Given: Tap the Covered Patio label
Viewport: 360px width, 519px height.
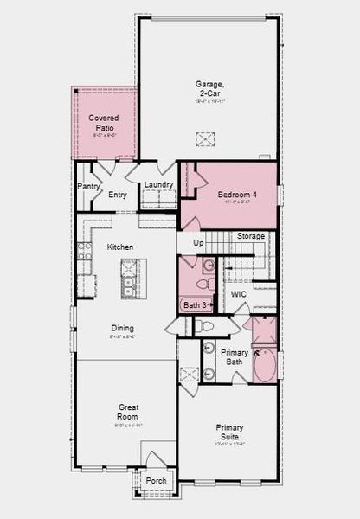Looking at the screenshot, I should [x=104, y=122].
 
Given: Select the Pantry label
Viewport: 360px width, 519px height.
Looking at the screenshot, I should [x=88, y=186].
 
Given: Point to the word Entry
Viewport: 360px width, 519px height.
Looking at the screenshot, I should [x=118, y=195].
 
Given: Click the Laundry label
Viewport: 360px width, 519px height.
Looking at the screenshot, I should [x=158, y=184].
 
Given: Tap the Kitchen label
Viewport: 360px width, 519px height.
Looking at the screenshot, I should [x=120, y=247].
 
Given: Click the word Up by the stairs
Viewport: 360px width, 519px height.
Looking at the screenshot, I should [x=198, y=243].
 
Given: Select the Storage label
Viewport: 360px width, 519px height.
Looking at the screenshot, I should [x=251, y=236].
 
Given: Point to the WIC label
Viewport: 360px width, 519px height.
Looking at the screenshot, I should [x=239, y=294].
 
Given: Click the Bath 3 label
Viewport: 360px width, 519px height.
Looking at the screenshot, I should [x=194, y=305].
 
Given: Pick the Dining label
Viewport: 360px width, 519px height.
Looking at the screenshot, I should [x=122, y=327].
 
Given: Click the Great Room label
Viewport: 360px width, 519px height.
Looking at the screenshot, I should [x=128, y=411].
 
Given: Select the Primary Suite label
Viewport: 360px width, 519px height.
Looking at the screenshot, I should [x=229, y=432].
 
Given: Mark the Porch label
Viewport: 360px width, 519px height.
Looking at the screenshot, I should [x=156, y=481].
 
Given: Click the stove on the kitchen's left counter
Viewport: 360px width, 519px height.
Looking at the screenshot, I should [x=85, y=252].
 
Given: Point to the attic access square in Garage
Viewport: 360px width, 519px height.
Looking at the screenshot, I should [x=205, y=139].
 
